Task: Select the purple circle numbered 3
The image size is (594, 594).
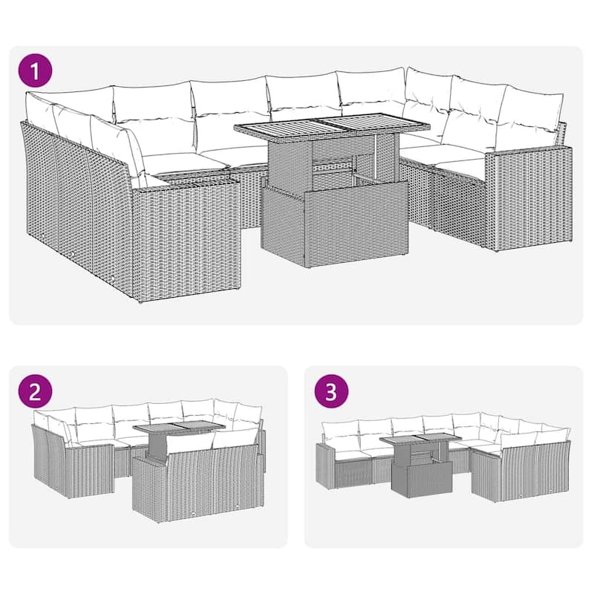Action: [331, 392]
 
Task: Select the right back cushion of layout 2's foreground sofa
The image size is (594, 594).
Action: [234, 438]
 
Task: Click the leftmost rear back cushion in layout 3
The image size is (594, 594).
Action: [340, 432]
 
